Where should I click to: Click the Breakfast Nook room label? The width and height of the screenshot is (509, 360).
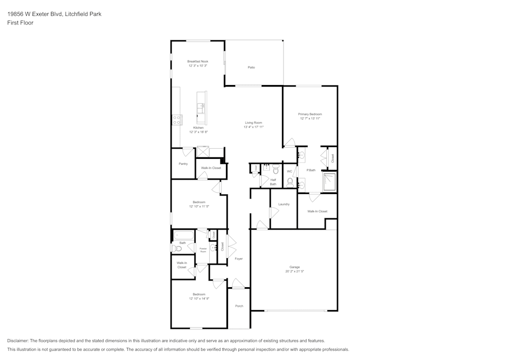click(197, 61)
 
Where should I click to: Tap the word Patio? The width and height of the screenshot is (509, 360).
click(251, 67)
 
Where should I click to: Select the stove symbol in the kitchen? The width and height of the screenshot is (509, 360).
click(177, 120)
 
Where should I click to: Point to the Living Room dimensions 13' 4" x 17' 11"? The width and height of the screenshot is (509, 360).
click(253, 127)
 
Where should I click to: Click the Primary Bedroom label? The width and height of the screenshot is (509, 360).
click(309, 114)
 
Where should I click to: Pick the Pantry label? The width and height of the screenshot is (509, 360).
click(183, 164)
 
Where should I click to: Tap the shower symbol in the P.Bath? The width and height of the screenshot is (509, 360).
click(329, 181)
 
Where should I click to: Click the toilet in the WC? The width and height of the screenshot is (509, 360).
click(290, 182)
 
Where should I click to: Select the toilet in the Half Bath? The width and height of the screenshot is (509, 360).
click(275, 170)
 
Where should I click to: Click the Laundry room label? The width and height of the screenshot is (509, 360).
click(284, 204)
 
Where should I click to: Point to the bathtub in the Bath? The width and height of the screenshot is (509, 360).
click(183, 235)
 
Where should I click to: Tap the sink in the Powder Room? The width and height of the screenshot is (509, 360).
click(213, 248)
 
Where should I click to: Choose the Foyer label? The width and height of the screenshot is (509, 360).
click(238, 259)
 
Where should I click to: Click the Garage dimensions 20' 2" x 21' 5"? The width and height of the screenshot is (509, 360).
click(294, 271)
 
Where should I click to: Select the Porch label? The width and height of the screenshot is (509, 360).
click(239, 306)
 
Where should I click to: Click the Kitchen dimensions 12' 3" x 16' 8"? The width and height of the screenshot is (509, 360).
click(199, 132)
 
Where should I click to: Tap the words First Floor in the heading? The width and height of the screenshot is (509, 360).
click(20, 23)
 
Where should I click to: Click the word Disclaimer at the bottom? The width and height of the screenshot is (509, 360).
click(18, 341)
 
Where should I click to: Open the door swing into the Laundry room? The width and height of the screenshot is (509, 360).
click(273, 212)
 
